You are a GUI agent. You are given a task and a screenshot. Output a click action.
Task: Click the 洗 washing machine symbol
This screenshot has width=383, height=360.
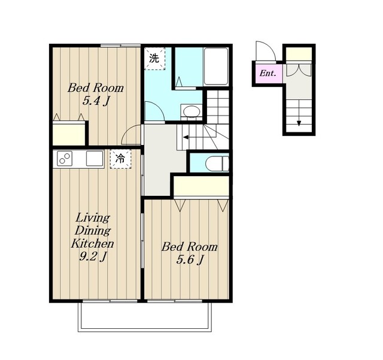[154, 59]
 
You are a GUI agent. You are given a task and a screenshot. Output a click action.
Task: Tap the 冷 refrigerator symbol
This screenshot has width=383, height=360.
[120, 159]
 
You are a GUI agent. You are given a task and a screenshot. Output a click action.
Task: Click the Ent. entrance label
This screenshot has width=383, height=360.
[268, 73]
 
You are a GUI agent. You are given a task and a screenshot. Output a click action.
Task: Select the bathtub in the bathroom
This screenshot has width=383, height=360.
[216, 66]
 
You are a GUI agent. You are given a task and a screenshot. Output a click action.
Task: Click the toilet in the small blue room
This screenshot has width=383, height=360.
[217, 164]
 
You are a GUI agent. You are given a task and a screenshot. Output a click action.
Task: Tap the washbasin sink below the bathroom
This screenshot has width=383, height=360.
[191, 112]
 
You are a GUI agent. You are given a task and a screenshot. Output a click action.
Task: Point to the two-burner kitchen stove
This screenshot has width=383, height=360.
[65, 159]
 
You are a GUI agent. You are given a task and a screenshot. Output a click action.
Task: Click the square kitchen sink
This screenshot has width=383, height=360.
[95, 159]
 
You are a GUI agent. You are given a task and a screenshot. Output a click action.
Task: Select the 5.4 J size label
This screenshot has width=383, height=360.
[95, 101]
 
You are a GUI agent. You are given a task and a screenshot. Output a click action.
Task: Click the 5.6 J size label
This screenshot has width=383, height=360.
[190, 260]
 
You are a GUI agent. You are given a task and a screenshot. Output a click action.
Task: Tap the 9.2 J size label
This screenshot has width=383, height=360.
[93, 256]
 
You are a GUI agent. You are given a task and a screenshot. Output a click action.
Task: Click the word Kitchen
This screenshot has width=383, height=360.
[93, 244]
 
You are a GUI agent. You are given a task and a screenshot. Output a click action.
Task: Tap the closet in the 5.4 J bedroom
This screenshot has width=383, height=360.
[69, 134]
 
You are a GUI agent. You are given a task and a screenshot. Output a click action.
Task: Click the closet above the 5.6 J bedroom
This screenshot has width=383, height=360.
[201, 186]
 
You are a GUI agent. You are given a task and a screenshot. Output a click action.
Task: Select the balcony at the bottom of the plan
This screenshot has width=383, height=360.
[145, 317]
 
